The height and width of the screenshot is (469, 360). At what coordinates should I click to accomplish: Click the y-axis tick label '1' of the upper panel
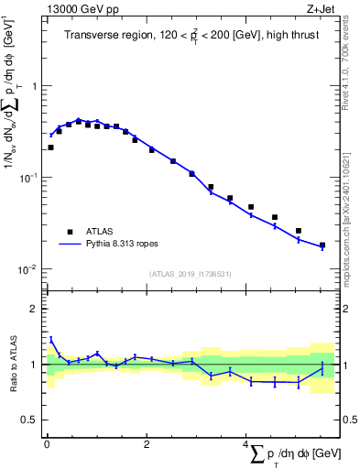[x=35, y=86]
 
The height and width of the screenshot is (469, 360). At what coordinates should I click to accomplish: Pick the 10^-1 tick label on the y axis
[x=29, y=178]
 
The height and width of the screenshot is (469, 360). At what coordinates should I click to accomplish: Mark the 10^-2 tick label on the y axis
[x=29, y=269]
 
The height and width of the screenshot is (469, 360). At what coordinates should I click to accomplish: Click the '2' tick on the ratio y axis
[x=35, y=309]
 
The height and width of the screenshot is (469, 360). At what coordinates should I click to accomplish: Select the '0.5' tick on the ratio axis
[x=31, y=420]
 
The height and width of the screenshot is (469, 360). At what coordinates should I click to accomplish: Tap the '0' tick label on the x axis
[x=47, y=444]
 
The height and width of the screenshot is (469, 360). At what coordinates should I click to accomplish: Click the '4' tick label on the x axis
[x=245, y=444]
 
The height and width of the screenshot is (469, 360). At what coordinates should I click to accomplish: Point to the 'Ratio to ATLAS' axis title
[x=13, y=364]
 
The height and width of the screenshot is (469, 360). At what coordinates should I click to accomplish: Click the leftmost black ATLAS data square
[x=50, y=147]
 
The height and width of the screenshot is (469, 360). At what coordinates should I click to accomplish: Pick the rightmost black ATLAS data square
[x=322, y=245]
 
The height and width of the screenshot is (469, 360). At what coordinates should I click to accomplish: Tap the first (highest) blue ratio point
[x=50, y=339]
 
